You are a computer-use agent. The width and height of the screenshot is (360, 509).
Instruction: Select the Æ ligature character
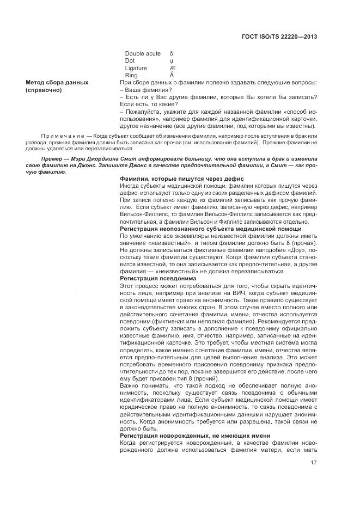pos(173,68)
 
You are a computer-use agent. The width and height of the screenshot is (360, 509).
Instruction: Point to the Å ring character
pos(172,75)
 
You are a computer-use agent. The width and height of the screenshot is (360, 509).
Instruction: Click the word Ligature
pos(136,68)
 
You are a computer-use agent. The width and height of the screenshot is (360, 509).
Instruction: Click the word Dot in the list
pos(130,60)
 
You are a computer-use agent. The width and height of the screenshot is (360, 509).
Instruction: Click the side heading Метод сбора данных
pos(57,82)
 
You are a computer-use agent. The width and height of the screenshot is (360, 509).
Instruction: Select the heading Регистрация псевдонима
pos(154,278)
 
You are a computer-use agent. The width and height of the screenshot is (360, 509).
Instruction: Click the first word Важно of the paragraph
pos(129,385)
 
